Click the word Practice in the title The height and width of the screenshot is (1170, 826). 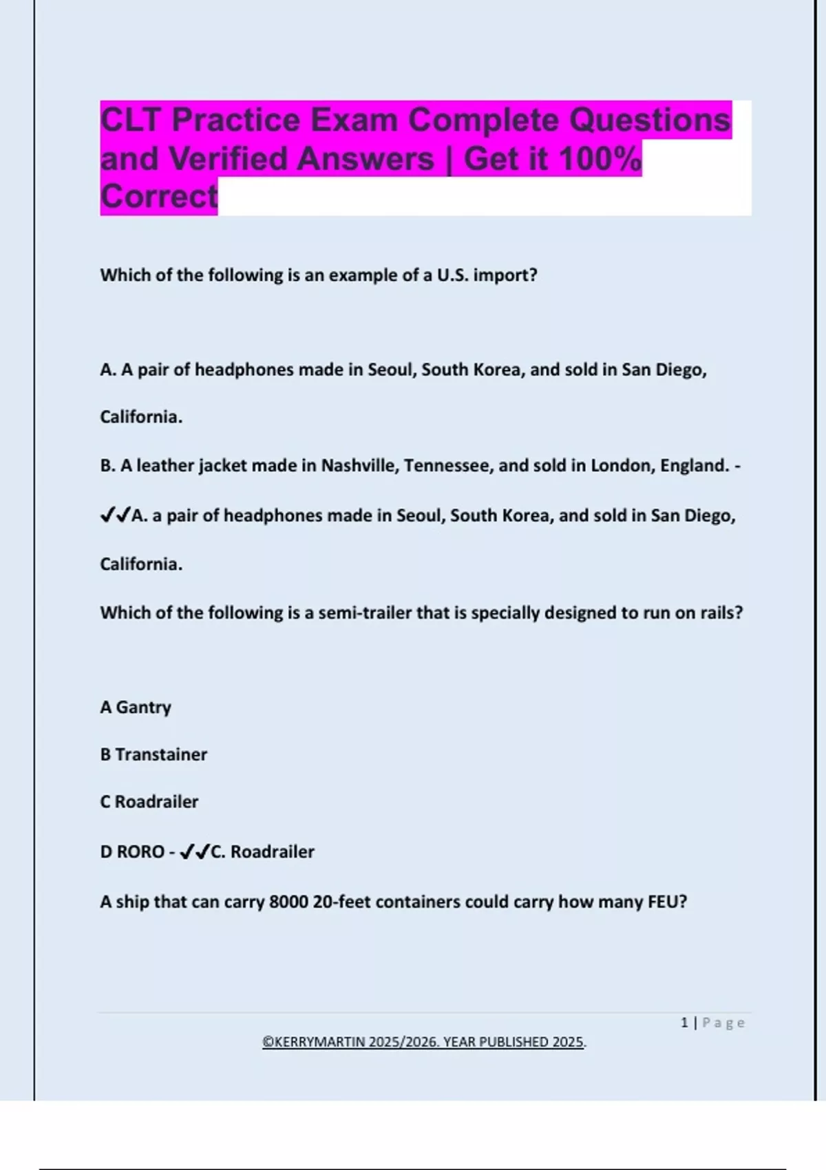pos(236,120)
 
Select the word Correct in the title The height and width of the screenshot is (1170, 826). pos(159,197)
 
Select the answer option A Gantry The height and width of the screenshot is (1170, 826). pos(136,708)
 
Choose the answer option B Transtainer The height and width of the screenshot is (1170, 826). pos(153,755)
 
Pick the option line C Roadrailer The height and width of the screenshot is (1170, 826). pos(149,802)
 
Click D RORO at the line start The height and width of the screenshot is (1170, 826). pos(132,852)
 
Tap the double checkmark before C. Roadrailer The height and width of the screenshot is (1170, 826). pos(194,853)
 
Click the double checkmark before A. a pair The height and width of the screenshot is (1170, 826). pos(116,515)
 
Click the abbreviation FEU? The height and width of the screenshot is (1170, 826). pos(667,902)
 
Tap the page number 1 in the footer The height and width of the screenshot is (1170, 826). pos(684,1023)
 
